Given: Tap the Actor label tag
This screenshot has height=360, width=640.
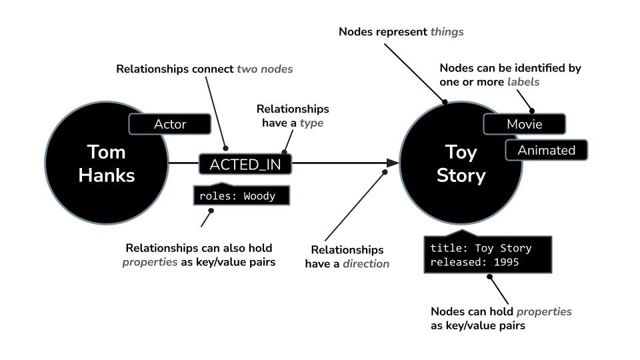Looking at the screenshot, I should click(x=170, y=124).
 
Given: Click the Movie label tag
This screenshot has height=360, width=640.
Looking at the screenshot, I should click(x=525, y=124).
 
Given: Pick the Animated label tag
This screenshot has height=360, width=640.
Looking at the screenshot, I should click(x=547, y=150).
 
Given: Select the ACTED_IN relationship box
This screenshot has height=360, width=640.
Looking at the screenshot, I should click(x=245, y=164).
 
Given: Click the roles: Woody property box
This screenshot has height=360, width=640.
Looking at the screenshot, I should click(x=237, y=197).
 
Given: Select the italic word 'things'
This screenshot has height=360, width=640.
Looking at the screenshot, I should click(x=447, y=31).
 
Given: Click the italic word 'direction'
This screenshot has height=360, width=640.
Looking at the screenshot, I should click(x=366, y=263).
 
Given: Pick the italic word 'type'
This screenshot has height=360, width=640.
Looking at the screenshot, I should click(x=311, y=123).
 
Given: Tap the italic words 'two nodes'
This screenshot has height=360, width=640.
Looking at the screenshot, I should click(x=265, y=69).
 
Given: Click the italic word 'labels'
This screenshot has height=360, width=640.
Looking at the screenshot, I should click(x=523, y=81).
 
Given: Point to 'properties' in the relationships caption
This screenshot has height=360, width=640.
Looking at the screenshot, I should click(x=150, y=262).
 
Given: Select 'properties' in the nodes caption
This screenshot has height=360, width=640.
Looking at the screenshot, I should click(x=544, y=311).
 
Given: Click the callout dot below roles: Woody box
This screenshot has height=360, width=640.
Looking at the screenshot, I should click(x=211, y=212).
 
